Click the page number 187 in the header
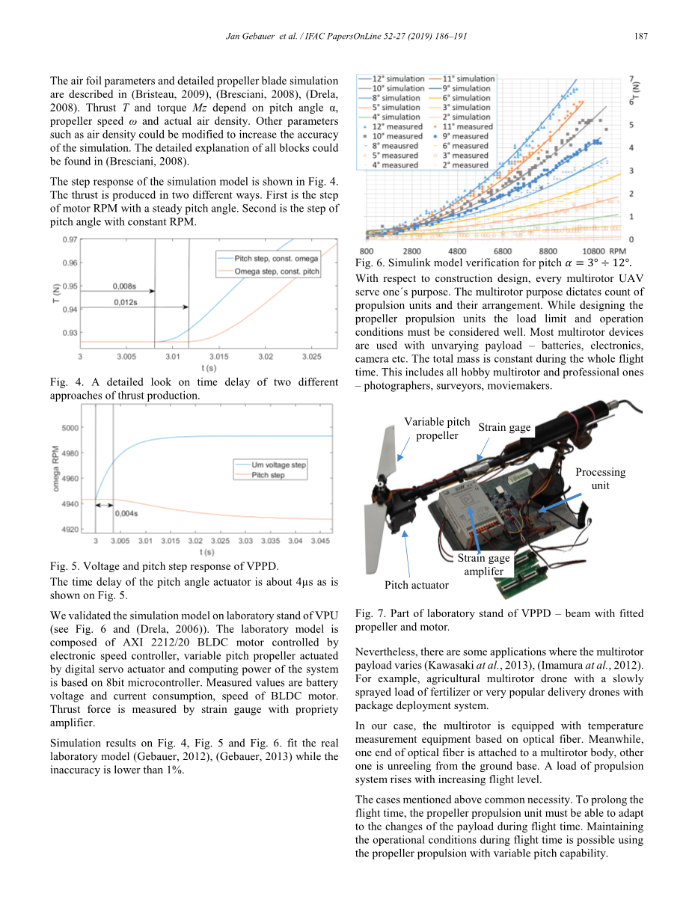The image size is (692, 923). (x=640, y=36)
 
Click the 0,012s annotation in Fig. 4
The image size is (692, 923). (x=125, y=301)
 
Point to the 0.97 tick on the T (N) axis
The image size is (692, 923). (x=69, y=239)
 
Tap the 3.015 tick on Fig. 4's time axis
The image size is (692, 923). (x=219, y=357)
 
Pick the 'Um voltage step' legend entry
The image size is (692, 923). (x=279, y=464)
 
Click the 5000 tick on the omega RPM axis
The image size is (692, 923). (x=70, y=428)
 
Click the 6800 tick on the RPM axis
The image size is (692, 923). (x=503, y=251)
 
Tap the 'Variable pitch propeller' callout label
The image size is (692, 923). (x=437, y=429)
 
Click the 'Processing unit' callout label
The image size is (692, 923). (x=600, y=479)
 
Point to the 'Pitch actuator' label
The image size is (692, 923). (x=417, y=585)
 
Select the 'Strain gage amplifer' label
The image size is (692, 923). (x=484, y=564)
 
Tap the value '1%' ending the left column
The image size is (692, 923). (x=174, y=770)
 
